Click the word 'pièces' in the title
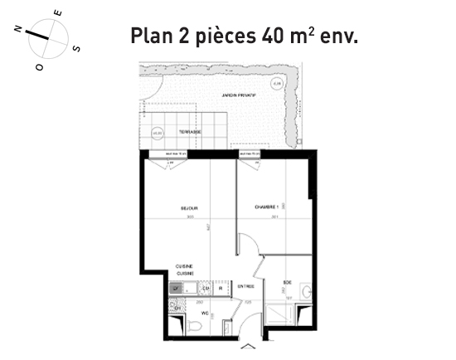(223, 38)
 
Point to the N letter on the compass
(17, 27)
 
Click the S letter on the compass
(76, 49)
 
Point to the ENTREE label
(245, 286)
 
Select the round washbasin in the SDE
(306, 292)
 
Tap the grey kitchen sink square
(176, 289)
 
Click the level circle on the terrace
(157, 132)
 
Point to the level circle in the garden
(277, 83)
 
